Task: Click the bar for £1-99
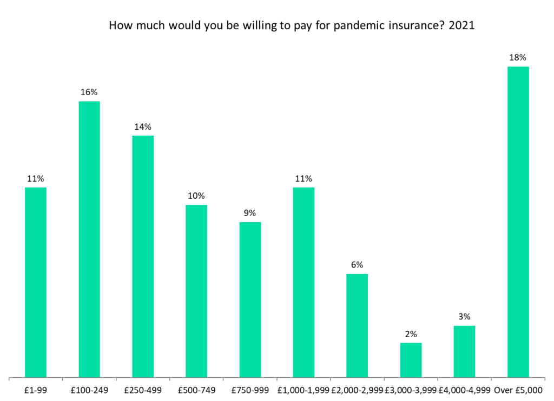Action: (36, 282)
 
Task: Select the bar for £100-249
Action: (89, 239)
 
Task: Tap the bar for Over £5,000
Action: (518, 222)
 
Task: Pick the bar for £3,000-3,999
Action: (411, 360)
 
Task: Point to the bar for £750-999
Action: (250, 299)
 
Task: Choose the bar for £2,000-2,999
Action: (357, 325)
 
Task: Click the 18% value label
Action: (518, 57)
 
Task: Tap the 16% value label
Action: (89, 92)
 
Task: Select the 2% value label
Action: (411, 334)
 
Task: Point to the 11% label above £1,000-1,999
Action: (304, 178)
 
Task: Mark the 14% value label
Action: (143, 126)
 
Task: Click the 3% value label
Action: (464, 317)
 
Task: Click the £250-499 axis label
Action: (143, 389)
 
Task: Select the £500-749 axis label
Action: (196, 389)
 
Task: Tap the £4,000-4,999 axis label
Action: (464, 389)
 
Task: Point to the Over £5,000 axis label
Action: (518, 389)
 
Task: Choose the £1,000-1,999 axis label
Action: (304, 389)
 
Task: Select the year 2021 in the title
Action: (461, 26)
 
